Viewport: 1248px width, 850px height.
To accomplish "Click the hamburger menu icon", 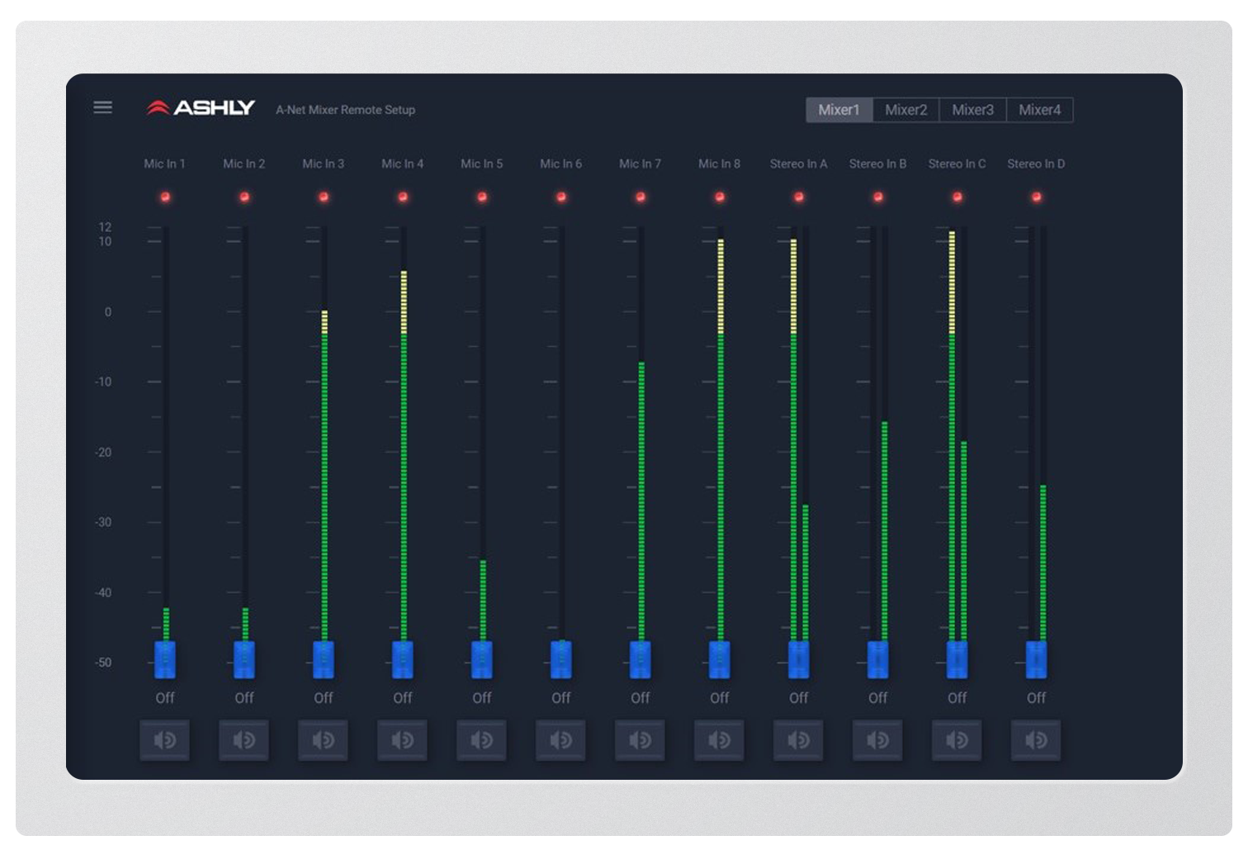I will pyautogui.click(x=103, y=107).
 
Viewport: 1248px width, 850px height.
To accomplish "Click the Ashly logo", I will pyautogui.click(x=201, y=108).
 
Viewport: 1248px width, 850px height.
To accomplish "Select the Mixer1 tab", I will pyautogui.click(x=839, y=110).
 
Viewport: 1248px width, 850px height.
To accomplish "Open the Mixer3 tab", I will pyautogui.click(x=972, y=110).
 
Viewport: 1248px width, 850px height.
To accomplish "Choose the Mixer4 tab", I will pyautogui.click(x=1039, y=110).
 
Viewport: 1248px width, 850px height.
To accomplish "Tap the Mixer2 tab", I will pyautogui.click(x=905, y=110).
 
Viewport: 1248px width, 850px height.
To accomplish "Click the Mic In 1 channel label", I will pyautogui.click(x=164, y=164).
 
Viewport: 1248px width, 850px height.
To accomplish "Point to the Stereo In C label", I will pyautogui.click(x=957, y=164).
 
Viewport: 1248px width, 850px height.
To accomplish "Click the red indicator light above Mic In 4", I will pyautogui.click(x=403, y=197).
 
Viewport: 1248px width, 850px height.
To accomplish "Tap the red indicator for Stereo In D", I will pyautogui.click(x=1036, y=197).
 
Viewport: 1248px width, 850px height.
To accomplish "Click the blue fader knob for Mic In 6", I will pyautogui.click(x=561, y=659).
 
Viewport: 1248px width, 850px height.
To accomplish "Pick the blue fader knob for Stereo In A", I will pyautogui.click(x=798, y=659).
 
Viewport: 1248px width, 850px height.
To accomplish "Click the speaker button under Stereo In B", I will pyautogui.click(x=877, y=740).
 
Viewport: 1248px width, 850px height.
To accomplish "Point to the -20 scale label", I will pyautogui.click(x=104, y=452).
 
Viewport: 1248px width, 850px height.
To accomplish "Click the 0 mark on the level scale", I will pyautogui.click(x=107, y=312).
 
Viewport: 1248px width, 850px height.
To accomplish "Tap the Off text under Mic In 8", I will pyautogui.click(x=719, y=698).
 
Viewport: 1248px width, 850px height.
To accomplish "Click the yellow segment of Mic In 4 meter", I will pyautogui.click(x=404, y=302).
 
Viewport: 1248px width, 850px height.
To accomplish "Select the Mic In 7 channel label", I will pyautogui.click(x=640, y=164).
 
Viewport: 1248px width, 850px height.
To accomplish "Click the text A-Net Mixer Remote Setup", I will pyautogui.click(x=345, y=110).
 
